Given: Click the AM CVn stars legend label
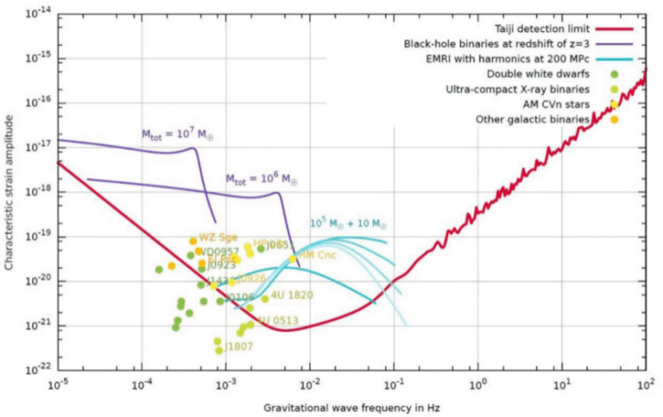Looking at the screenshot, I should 553,104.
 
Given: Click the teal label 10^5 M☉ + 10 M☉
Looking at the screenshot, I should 346,224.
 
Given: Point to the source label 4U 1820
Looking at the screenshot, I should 292,295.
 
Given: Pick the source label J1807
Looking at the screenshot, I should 239,347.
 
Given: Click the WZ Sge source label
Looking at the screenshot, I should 218,237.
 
